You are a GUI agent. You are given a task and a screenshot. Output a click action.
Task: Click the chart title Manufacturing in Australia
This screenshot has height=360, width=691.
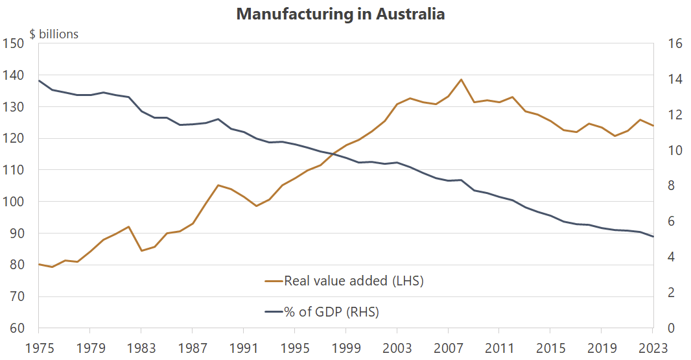[340, 14]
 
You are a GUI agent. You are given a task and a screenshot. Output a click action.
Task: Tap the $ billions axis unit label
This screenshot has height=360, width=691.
[54, 34]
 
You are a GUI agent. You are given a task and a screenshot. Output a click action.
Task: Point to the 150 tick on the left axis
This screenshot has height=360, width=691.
[14, 43]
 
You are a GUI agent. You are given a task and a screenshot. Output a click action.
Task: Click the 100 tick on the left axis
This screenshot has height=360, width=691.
[14, 202]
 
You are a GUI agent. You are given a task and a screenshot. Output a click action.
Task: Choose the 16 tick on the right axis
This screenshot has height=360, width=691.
[674, 43]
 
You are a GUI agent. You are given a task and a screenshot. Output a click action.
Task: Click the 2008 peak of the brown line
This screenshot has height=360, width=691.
[461, 80]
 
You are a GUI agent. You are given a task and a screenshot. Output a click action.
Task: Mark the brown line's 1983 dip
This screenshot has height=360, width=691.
[141, 250]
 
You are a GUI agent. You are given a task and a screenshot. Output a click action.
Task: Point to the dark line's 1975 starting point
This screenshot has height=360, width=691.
[39, 81]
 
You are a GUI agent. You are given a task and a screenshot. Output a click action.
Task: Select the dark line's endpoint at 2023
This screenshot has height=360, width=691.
[653, 237]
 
